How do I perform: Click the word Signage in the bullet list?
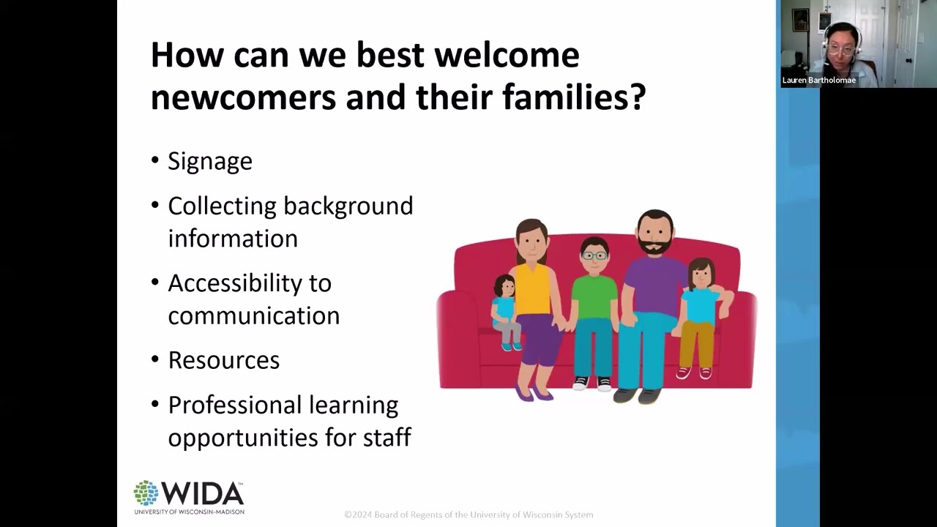(209, 162)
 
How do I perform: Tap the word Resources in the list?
(223, 360)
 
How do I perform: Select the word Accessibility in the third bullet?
(249, 283)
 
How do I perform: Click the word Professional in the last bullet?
(283, 405)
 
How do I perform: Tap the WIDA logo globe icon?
(146, 493)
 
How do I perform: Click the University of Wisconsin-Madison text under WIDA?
(189, 511)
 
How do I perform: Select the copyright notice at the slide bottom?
(468, 515)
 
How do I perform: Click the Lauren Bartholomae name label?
(818, 81)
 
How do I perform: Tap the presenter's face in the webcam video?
(841, 40)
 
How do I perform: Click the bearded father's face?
(654, 233)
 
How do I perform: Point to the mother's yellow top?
(531, 289)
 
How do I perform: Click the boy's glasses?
(594, 255)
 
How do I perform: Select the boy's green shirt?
(594, 296)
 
